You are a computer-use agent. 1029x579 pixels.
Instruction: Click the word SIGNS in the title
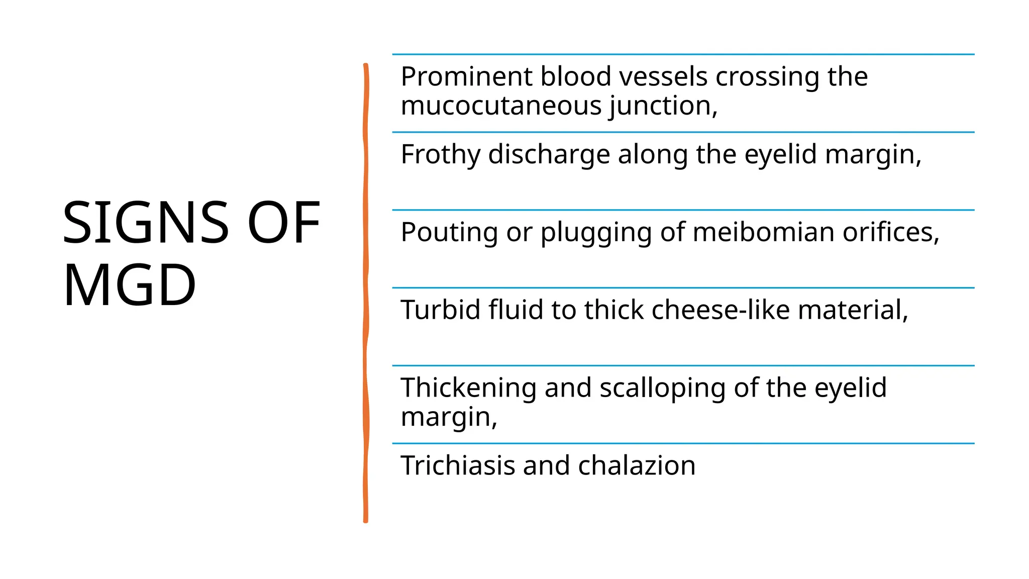point(146,223)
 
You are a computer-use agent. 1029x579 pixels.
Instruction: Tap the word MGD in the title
point(129,285)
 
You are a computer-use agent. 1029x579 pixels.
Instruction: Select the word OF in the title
point(284,223)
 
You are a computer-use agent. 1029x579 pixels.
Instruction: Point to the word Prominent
point(466,77)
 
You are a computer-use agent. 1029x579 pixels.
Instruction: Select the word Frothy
point(440,154)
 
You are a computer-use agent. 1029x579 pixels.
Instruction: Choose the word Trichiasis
point(458,465)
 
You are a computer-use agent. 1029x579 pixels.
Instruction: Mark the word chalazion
point(637,465)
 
